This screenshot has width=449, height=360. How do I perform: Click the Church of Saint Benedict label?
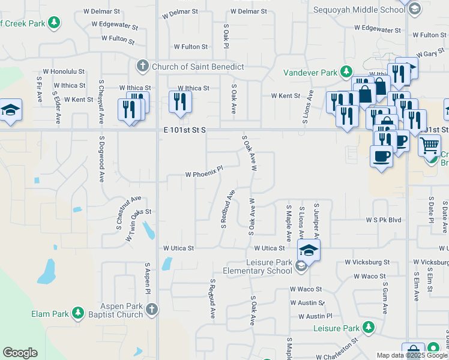(198, 66)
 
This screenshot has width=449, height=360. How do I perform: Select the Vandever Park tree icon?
(346, 73)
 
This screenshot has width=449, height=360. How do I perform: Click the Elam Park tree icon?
(77, 313)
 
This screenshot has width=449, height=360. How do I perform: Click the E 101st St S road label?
(184, 130)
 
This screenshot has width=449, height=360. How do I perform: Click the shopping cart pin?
(429, 145)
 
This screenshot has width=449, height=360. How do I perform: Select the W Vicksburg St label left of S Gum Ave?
(367, 262)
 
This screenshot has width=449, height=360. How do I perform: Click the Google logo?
(20, 353)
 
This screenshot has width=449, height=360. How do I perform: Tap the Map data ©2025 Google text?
(412, 355)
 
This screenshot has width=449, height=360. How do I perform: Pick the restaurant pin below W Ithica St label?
(180, 102)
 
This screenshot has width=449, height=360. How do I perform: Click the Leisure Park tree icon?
(368, 328)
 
